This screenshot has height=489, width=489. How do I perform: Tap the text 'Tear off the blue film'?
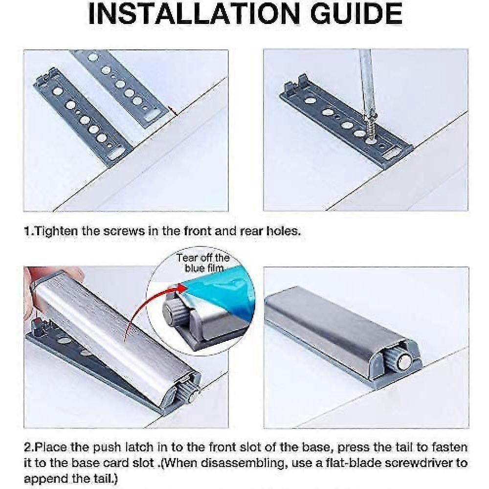[203, 263]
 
